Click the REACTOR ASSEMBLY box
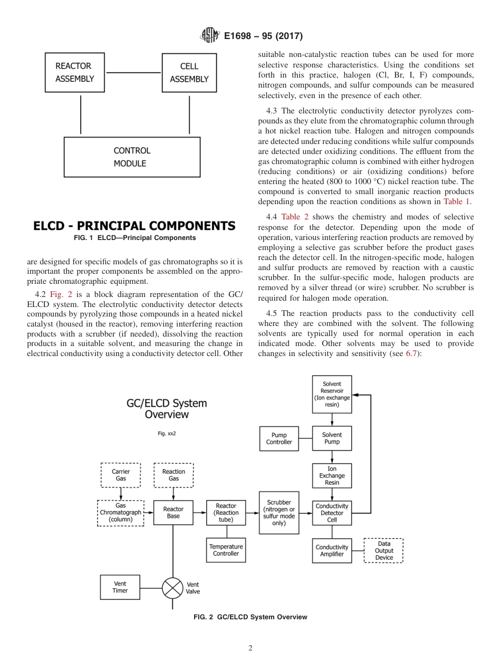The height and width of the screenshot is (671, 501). click(74, 73)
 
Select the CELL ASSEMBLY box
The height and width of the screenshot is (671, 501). click(189, 73)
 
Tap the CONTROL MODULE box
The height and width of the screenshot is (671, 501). click(132, 157)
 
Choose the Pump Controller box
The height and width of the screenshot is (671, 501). click(279, 439)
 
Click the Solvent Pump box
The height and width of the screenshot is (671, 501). click(332, 438)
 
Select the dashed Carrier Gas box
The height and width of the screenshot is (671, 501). click(121, 475)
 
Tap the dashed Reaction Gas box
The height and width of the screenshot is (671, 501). click(174, 475)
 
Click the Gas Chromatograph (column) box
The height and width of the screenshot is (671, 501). click(121, 513)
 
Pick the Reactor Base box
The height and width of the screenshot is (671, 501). click(173, 513)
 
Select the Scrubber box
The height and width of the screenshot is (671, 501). click(279, 513)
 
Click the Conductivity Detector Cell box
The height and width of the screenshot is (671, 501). click(332, 513)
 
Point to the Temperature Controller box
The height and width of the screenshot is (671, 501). click(226, 550)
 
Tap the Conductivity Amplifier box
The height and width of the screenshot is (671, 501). click(332, 551)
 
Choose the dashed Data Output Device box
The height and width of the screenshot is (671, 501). click(384, 551)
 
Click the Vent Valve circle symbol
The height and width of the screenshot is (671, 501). click(172, 588)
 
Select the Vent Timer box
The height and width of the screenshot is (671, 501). click(120, 587)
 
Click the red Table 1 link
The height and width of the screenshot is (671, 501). click(456, 202)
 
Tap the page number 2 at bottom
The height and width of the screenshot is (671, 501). click(250, 648)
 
